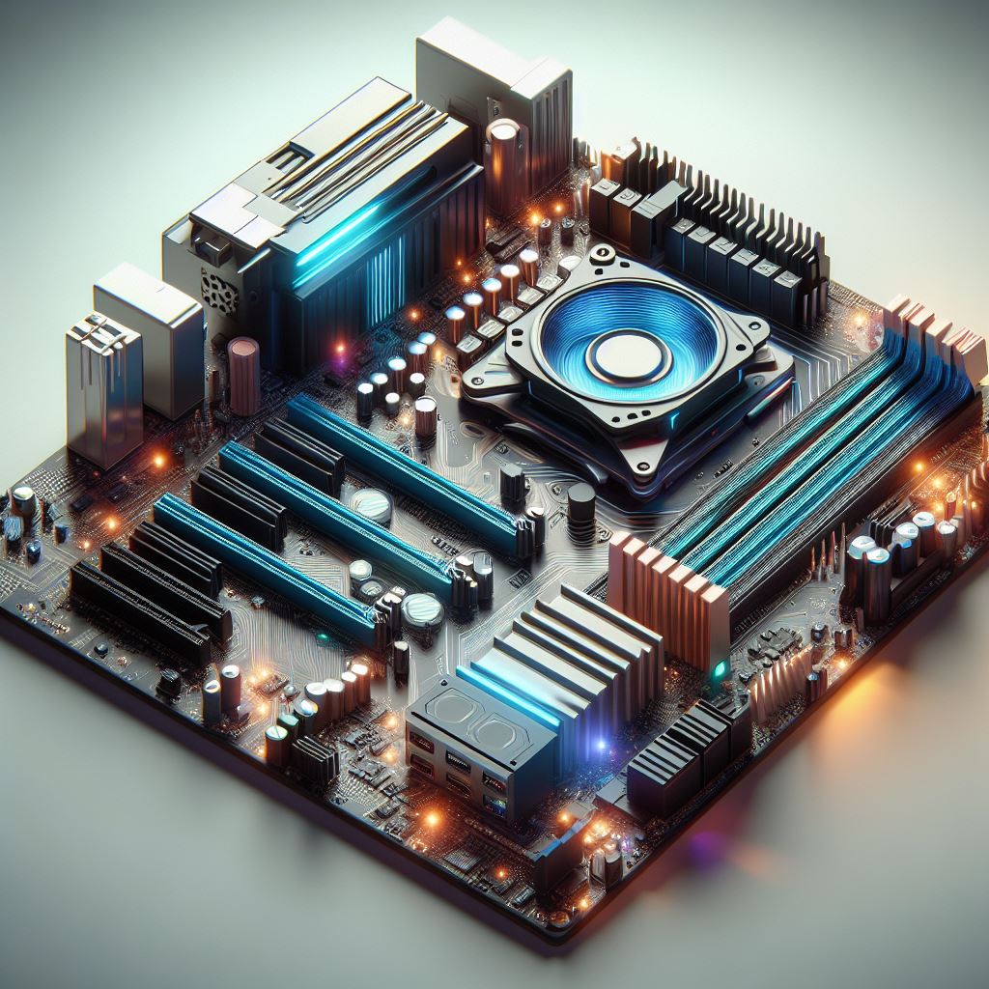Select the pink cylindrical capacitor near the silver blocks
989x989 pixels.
coord(243,374)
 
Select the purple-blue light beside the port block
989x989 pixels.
coord(601,744)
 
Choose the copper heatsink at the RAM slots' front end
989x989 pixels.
coord(667,589)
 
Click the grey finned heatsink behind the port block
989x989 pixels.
coord(570,657)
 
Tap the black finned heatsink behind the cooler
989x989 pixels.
coord(734,232)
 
